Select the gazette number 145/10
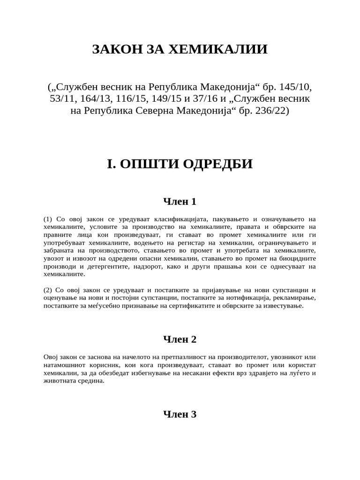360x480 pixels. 295,88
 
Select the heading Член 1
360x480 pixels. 180,202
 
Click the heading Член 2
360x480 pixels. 180,339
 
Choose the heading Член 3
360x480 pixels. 180,414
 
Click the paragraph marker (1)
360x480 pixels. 48,219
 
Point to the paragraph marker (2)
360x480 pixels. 48,290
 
